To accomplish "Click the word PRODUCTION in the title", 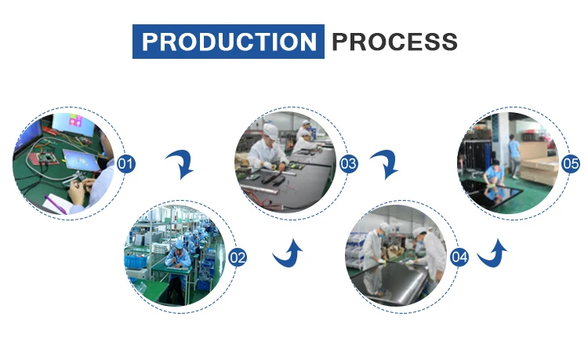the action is pyautogui.click(x=229, y=42).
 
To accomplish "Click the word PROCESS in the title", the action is pyautogui.click(x=395, y=42).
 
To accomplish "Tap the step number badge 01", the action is pyautogui.click(x=126, y=164).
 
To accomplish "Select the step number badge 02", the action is pyautogui.click(x=238, y=257).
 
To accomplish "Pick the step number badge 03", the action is pyautogui.click(x=348, y=164).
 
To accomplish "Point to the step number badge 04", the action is pyautogui.click(x=459, y=257).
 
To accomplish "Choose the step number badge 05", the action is pyautogui.click(x=571, y=164).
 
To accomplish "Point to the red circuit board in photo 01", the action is pyautogui.click(x=44, y=158).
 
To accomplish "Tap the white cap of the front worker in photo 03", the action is pyautogui.click(x=270, y=131).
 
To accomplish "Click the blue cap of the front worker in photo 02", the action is pyautogui.click(x=180, y=245).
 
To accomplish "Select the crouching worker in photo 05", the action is pyautogui.click(x=494, y=174).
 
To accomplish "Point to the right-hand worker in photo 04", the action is pyautogui.click(x=430, y=255).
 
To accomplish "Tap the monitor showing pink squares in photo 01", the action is pyautogui.click(x=74, y=124).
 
